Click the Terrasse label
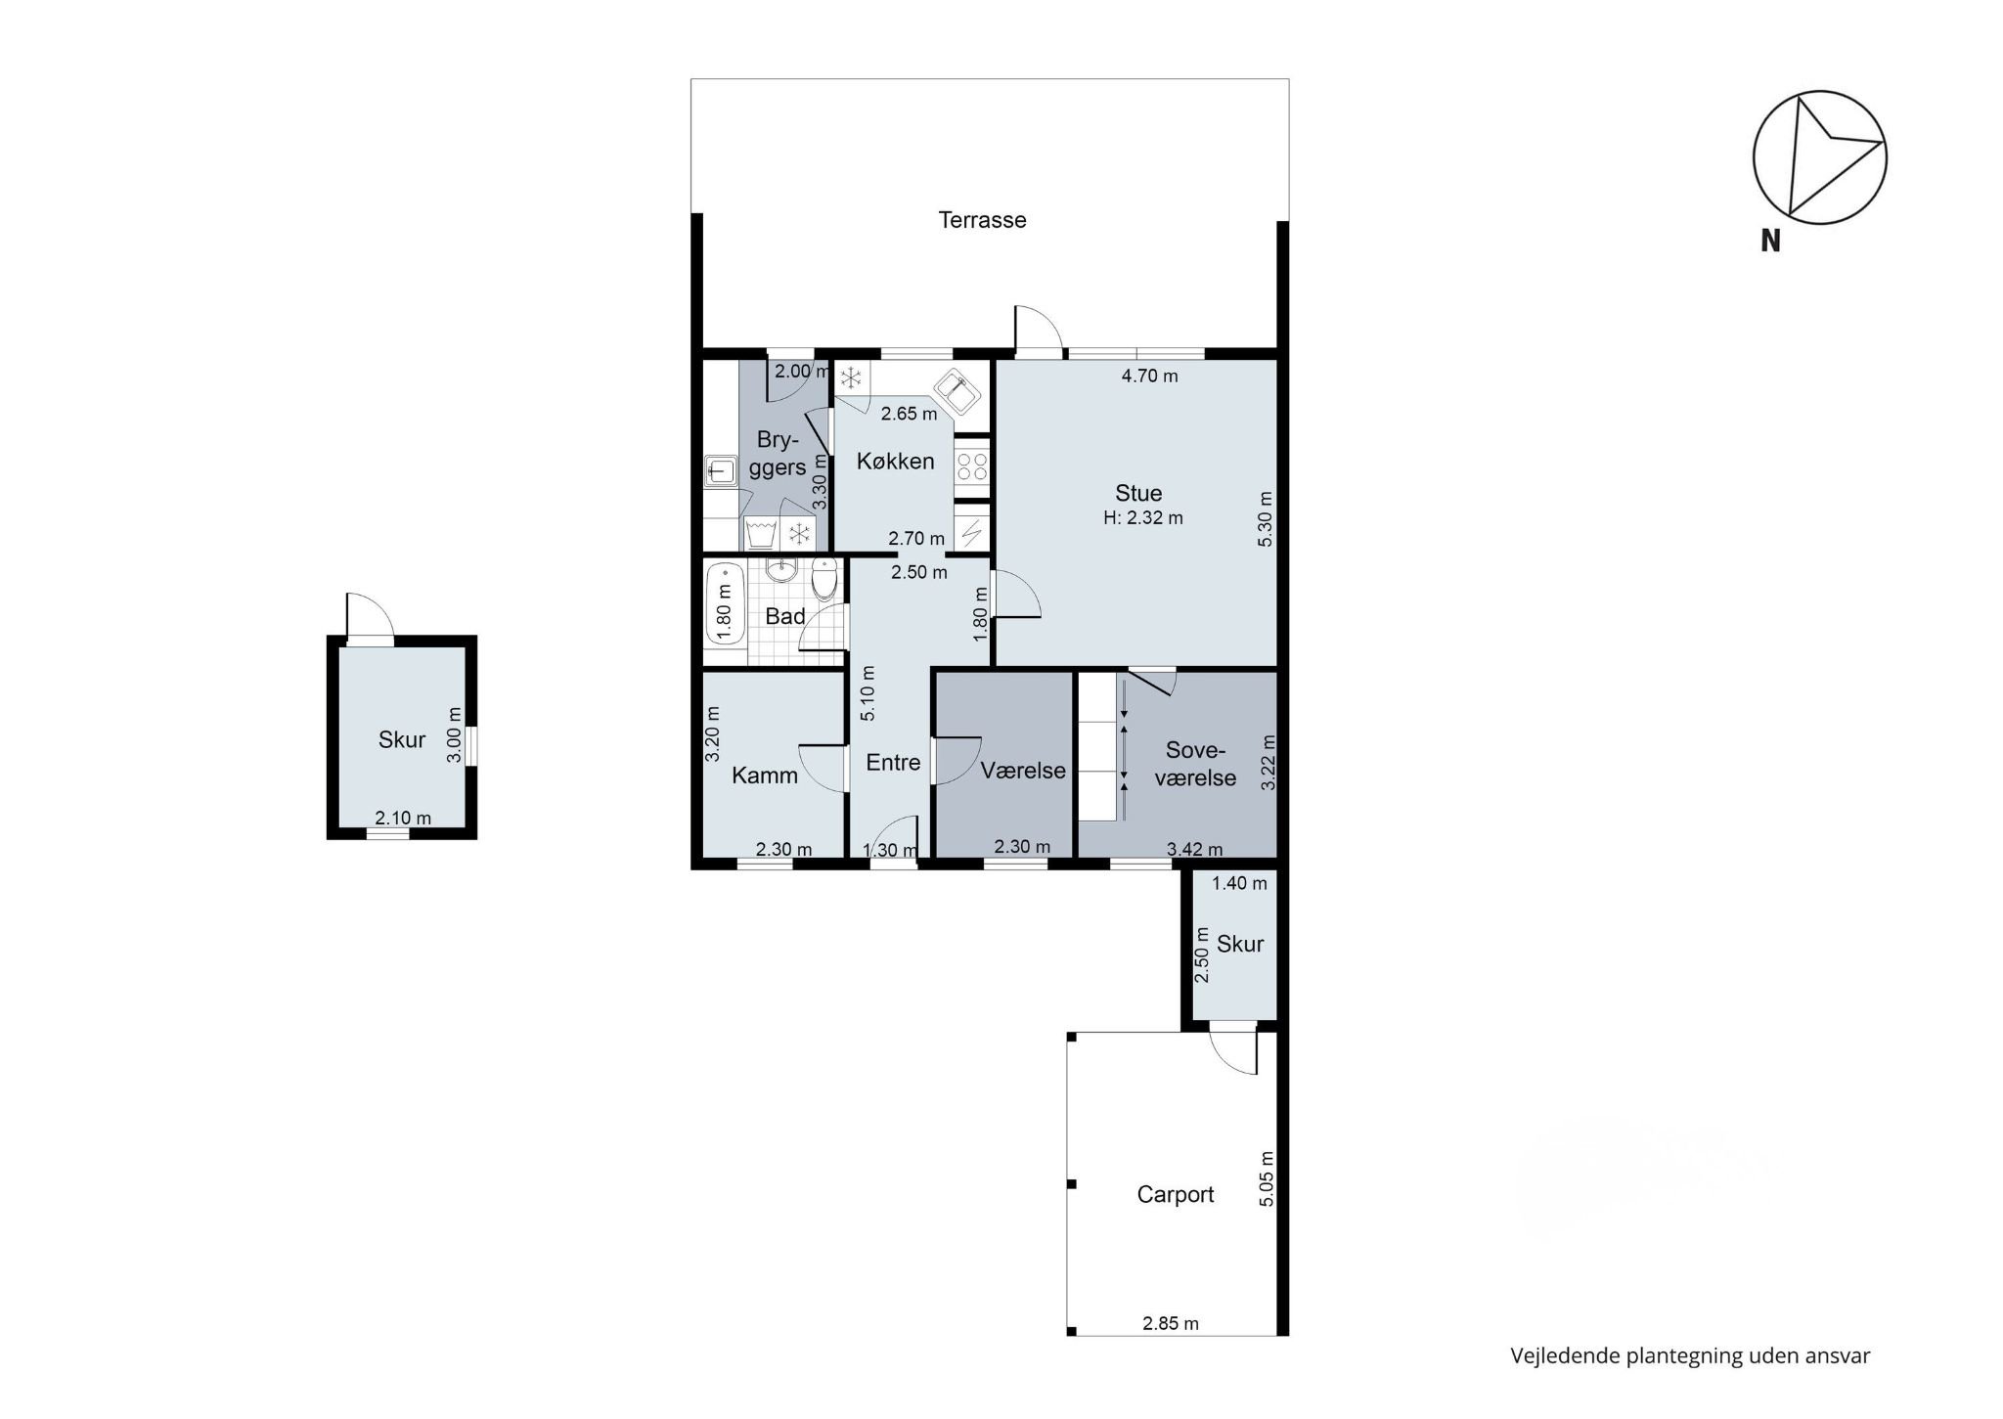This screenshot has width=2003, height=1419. coord(982,220)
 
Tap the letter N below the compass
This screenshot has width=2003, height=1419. coord(1770,241)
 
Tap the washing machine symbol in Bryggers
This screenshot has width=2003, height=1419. coord(761,534)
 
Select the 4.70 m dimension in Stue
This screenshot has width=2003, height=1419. coord(1149,376)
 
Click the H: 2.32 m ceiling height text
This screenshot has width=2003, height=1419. coord(1143,518)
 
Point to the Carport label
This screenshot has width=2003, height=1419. coord(1176,1194)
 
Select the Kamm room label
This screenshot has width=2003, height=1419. coord(765,776)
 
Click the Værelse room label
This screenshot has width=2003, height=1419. coord(1023,771)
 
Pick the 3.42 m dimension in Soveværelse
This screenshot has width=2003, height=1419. coord(1194,850)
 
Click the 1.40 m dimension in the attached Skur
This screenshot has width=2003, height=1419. coord(1239,883)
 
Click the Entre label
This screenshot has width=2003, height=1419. coord(893,762)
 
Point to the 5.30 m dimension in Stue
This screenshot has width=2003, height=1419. coord(1266,518)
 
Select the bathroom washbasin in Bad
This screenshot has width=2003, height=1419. coord(780,571)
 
